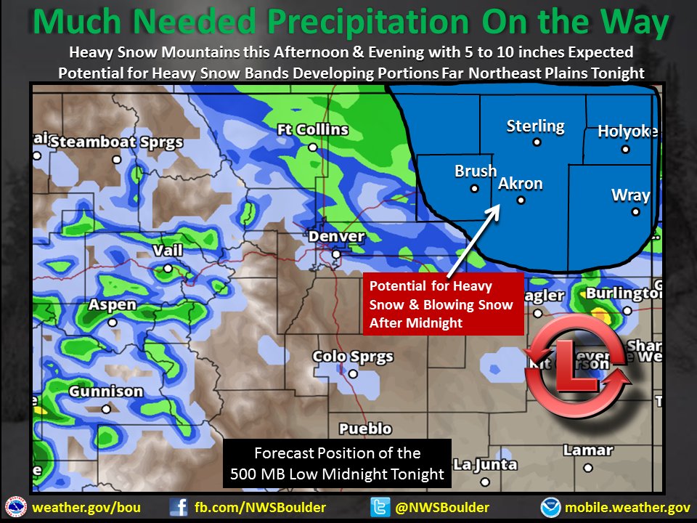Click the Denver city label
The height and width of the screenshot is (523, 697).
[x=336, y=237]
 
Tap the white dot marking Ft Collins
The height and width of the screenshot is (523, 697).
[x=312, y=147]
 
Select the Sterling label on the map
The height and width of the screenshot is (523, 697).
[x=535, y=126]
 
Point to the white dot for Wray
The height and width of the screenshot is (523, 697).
[x=635, y=212]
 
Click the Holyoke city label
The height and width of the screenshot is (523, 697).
[x=627, y=131]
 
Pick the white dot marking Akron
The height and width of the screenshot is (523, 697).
[x=521, y=200]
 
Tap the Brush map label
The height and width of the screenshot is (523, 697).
[x=476, y=171]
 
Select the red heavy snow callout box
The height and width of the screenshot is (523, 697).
[x=443, y=304]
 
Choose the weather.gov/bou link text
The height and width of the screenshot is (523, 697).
[x=86, y=507]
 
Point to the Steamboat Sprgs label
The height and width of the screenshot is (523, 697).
[x=116, y=142]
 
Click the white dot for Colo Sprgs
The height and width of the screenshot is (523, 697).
[x=353, y=374]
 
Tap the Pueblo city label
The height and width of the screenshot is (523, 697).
[x=364, y=429]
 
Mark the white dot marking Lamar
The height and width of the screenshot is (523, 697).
[x=588, y=469]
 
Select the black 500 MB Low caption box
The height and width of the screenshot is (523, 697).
[x=338, y=463]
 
